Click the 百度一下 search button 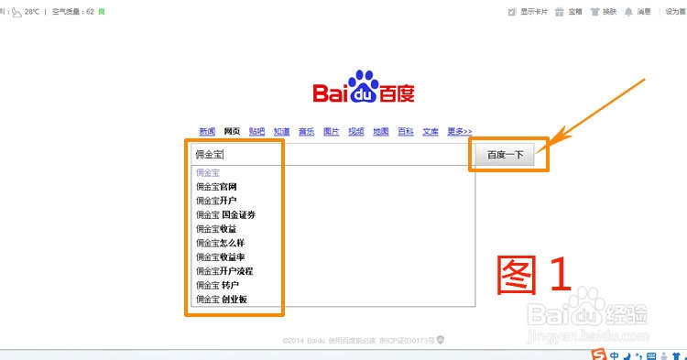(505, 155)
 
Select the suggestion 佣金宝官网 (216, 186)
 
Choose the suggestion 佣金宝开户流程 (224, 271)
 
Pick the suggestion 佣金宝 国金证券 (225, 214)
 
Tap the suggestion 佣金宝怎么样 (220, 243)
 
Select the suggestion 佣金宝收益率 (220, 257)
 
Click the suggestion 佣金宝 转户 (217, 286)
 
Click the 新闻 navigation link (207, 131)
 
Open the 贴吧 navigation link (256, 131)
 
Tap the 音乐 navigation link (306, 131)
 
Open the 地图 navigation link (380, 131)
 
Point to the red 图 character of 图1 (523, 275)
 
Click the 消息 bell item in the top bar (638, 12)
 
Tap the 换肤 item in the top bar (603, 12)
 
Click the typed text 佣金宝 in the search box (209, 155)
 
